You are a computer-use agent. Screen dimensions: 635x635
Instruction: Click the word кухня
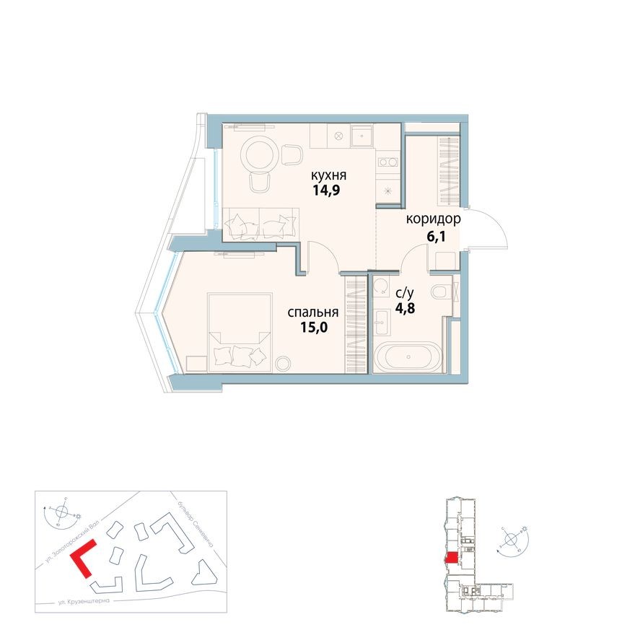pyautogui.click(x=329, y=175)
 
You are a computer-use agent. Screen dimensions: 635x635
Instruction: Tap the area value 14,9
pyautogui.click(x=329, y=192)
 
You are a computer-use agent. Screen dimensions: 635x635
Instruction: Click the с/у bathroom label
pyautogui.click(x=405, y=293)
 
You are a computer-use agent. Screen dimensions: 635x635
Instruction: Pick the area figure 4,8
pyautogui.click(x=405, y=310)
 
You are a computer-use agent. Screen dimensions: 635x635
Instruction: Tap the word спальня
pyautogui.click(x=313, y=312)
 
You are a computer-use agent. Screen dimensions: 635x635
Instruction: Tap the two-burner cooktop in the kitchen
pyautogui.click(x=388, y=162)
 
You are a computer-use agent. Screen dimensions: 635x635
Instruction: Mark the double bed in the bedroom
pyautogui.click(x=239, y=331)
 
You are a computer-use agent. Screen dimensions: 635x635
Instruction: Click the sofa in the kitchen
pyautogui.click(x=261, y=223)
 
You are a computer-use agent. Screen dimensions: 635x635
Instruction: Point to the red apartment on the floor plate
pyautogui.click(x=452, y=557)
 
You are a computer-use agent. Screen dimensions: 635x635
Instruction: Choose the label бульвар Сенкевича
pyautogui.click(x=196, y=520)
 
